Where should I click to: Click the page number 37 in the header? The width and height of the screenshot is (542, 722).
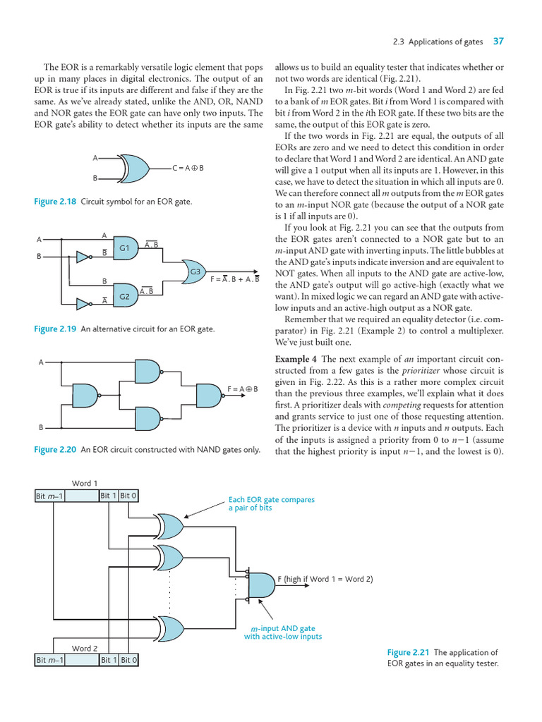point(498,42)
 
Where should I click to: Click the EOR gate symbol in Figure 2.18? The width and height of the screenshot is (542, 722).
point(135,169)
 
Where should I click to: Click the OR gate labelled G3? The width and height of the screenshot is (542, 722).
point(194,272)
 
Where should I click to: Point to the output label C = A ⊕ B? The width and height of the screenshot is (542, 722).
point(188,169)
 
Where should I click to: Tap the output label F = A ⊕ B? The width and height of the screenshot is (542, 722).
point(243,389)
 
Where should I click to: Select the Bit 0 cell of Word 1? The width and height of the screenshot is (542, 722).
point(128,496)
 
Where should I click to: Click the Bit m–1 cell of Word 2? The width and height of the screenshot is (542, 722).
point(49,661)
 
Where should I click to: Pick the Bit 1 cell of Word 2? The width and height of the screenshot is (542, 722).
point(108,661)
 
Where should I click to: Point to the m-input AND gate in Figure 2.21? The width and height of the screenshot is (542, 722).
point(260,585)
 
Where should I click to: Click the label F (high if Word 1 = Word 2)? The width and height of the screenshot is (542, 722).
point(325,580)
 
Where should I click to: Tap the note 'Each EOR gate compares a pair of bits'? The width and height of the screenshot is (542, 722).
point(271,503)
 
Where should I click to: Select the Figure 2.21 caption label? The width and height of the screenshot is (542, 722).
point(409,653)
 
